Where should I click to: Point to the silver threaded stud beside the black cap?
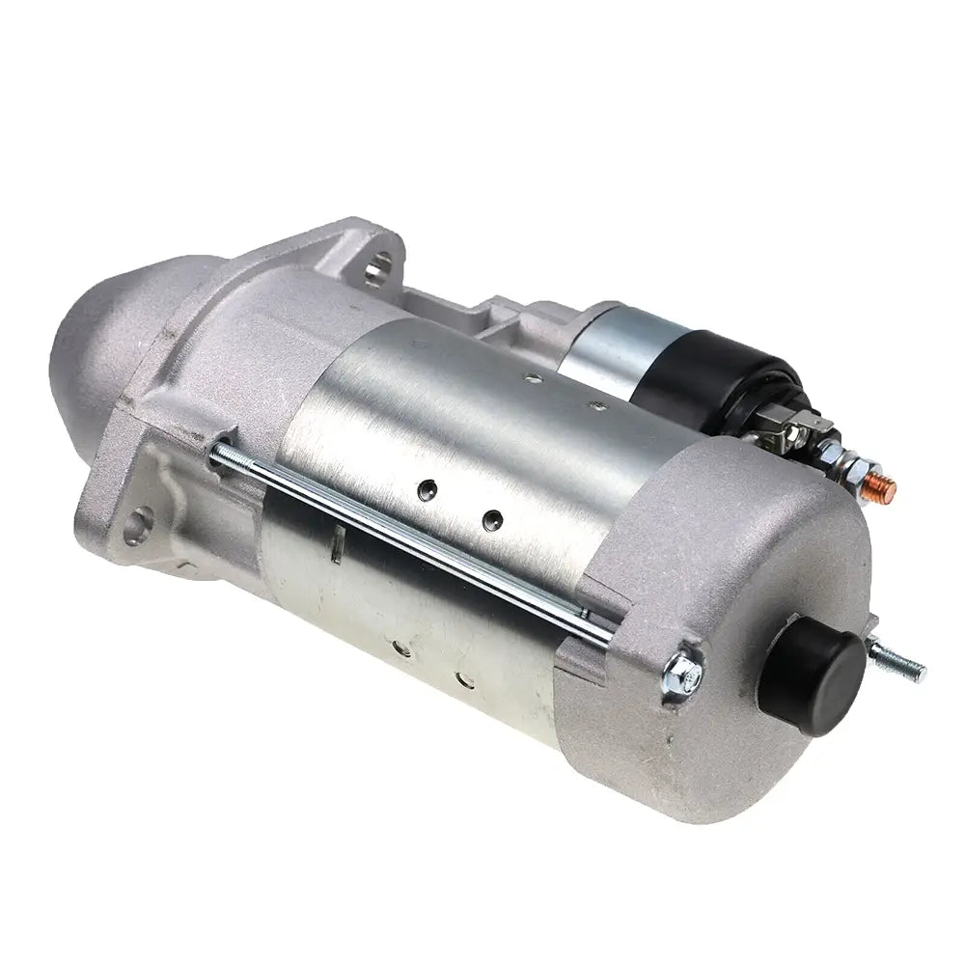pyautogui.click(x=896, y=661)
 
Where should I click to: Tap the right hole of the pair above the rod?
pyautogui.click(x=491, y=519)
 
